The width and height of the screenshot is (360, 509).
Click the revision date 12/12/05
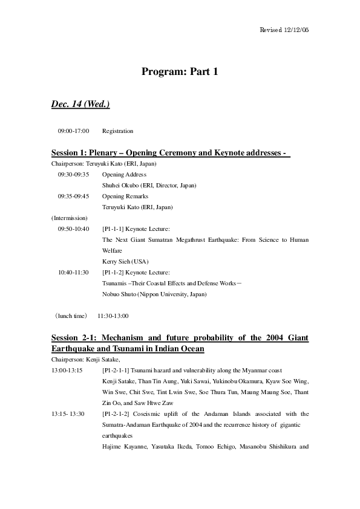click(x=296, y=30)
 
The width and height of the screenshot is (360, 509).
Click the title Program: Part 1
click(x=180, y=72)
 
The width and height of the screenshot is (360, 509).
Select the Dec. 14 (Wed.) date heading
click(x=80, y=105)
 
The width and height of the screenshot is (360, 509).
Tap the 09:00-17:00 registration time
click(x=74, y=131)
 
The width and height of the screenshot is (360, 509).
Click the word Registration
click(x=118, y=131)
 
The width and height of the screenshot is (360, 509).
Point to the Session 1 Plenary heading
click(x=171, y=152)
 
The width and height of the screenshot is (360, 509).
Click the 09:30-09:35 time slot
click(x=74, y=174)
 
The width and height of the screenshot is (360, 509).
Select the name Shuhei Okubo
click(x=121, y=185)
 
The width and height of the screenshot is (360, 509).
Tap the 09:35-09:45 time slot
click(x=74, y=196)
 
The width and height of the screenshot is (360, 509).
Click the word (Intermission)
click(x=70, y=218)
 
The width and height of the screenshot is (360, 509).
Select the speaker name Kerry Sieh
click(x=117, y=261)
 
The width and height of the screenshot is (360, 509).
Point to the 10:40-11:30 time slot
click(x=74, y=272)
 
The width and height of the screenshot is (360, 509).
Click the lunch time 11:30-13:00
click(x=113, y=316)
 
